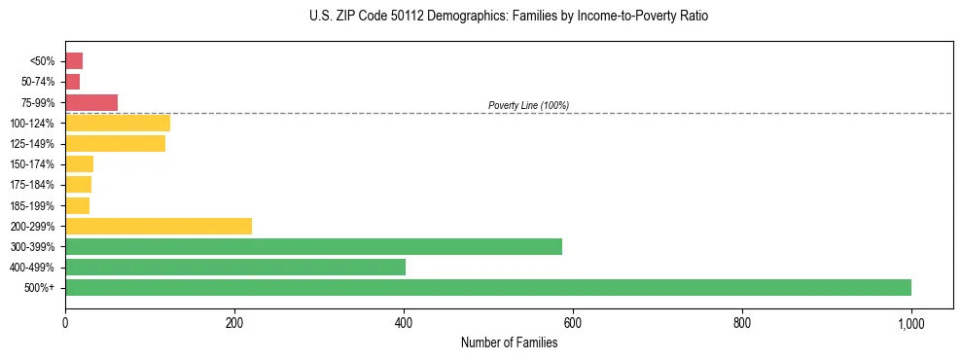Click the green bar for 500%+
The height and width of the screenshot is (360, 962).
pyautogui.click(x=487, y=287)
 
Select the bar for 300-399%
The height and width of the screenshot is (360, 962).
pyautogui.click(x=313, y=246)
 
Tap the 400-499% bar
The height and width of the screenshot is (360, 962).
pyautogui.click(x=234, y=267)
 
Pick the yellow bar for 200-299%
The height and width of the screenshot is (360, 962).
pyautogui.click(x=159, y=226)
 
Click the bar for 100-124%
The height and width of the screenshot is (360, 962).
pyautogui.click(x=117, y=123)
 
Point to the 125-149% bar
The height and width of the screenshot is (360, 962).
pyautogui.click(x=115, y=144)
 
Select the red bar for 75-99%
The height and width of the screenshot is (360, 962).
pyautogui.click(x=91, y=102)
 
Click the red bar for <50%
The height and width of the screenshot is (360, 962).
pyautogui.click(x=74, y=61)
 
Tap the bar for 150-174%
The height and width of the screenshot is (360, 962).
pyautogui.click(x=79, y=164)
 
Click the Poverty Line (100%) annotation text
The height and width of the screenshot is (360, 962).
pyautogui.click(x=528, y=105)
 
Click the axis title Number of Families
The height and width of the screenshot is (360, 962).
pyautogui.click(x=509, y=342)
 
